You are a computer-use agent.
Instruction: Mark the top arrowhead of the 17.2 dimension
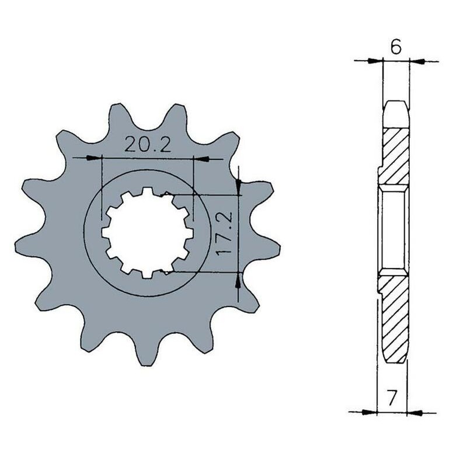point(238,187)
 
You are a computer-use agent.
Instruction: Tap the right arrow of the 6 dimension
point(417,60)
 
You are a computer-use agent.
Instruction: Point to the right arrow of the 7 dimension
point(414,412)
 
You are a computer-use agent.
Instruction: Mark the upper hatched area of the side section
point(395,155)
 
